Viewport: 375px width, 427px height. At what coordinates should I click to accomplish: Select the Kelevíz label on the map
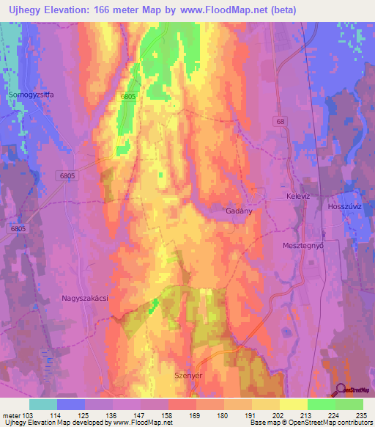(299, 198)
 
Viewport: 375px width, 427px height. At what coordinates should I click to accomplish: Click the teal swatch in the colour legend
(42, 404)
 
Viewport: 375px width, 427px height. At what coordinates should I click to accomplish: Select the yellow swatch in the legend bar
(293, 404)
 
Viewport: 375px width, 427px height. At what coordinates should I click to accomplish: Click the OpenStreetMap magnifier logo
(342, 390)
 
